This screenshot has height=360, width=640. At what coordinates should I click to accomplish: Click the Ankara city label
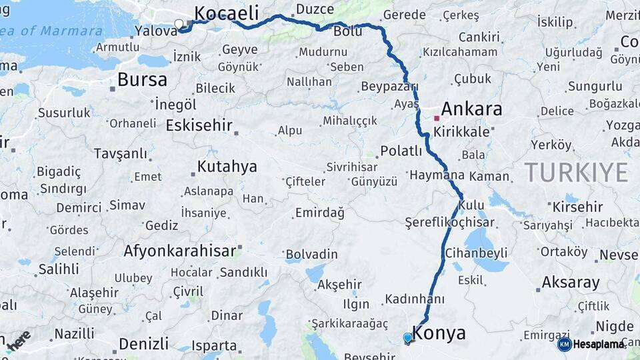[471, 109]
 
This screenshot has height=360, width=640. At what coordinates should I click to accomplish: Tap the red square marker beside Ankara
[437, 118]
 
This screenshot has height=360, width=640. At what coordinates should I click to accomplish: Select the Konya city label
[439, 333]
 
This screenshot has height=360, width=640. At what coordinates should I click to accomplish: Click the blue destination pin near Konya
[407, 338]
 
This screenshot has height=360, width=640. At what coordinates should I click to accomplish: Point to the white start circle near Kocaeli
[179, 25]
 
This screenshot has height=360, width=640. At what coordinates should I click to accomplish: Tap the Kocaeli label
[225, 13]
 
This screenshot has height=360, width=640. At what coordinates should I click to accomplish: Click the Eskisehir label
[199, 125]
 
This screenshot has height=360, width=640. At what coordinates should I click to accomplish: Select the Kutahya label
[227, 167]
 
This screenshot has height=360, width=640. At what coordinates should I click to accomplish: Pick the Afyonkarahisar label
[180, 251]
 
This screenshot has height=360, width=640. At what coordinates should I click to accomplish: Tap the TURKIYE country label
[576, 172]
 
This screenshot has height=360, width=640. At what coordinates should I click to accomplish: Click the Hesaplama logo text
[599, 344]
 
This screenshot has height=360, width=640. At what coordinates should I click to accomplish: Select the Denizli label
[143, 344]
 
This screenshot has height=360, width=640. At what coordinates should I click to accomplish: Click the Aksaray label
[571, 282]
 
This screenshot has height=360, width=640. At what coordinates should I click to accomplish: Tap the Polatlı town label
[401, 151]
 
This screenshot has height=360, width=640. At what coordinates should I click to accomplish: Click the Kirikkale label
[461, 132]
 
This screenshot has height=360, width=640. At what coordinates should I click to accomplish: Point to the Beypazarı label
[389, 86]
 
